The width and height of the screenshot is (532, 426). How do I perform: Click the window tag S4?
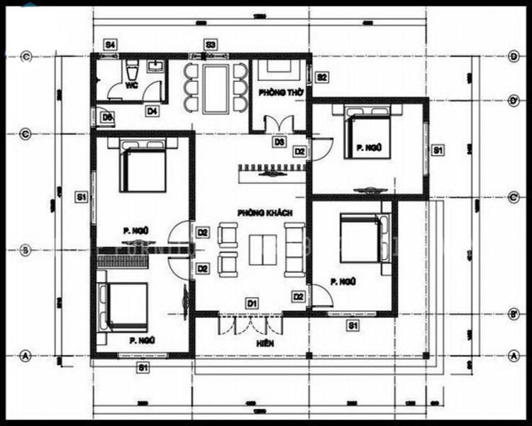[x=111, y=45]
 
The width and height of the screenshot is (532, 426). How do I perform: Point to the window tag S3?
[x=211, y=45]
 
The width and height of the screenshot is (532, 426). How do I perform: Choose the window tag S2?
[x=321, y=77]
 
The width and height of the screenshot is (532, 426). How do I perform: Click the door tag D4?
[x=153, y=111]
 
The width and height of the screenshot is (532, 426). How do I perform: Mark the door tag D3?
[x=279, y=142]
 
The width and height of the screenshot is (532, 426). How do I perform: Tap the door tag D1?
[x=252, y=303]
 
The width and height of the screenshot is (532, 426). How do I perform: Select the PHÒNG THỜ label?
[x=276, y=93]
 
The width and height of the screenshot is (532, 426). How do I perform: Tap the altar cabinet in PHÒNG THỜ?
[x=277, y=70]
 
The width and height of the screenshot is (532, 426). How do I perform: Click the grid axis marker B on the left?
[x=26, y=250]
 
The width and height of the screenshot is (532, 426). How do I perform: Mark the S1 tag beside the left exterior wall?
[x=82, y=197]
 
